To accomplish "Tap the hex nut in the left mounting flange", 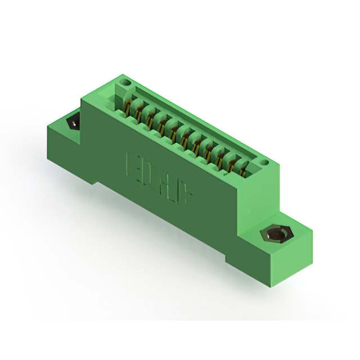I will click(73, 121).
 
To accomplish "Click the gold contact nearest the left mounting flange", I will click(130, 106).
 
